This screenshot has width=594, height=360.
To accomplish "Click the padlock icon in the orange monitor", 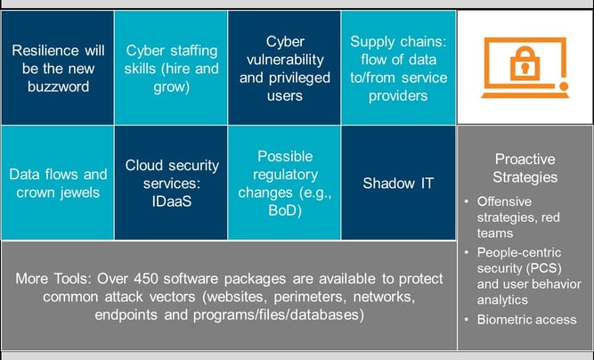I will (524, 65).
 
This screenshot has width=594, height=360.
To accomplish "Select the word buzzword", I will (57, 87).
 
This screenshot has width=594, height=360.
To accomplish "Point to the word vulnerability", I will (285, 60).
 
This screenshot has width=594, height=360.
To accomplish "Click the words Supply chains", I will (399, 42).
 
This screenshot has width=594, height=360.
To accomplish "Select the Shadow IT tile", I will (398, 183).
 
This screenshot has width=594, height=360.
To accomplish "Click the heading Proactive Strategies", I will (525, 168).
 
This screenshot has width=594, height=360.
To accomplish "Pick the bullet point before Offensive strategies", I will (468, 201).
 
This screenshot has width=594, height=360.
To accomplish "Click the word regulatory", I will (285, 174).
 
